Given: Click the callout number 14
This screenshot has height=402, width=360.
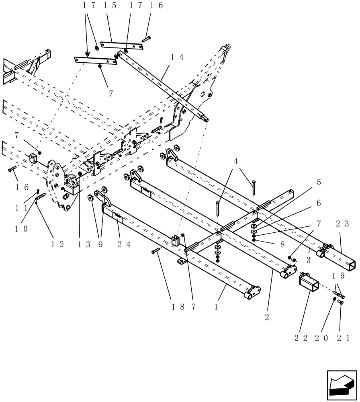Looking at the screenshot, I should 177,57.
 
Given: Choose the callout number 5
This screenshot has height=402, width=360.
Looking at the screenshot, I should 319,182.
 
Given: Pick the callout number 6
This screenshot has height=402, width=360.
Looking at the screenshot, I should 319,203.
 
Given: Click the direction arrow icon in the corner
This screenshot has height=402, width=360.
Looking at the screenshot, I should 341,386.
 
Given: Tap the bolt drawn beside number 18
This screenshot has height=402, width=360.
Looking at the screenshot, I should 156,251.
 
